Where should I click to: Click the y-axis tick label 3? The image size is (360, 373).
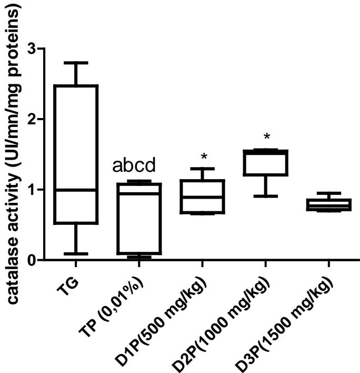(x=36, y=48)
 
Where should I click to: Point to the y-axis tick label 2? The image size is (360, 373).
(x=36, y=119)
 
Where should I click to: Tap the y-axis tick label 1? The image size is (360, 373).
(x=36, y=190)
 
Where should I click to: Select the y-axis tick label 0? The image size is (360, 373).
(x=36, y=260)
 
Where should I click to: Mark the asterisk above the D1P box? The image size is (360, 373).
(x=204, y=156)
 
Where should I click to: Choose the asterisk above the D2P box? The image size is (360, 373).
(x=267, y=138)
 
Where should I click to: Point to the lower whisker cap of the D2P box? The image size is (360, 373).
(x=266, y=196)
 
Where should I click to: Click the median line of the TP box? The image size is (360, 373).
(x=139, y=193)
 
